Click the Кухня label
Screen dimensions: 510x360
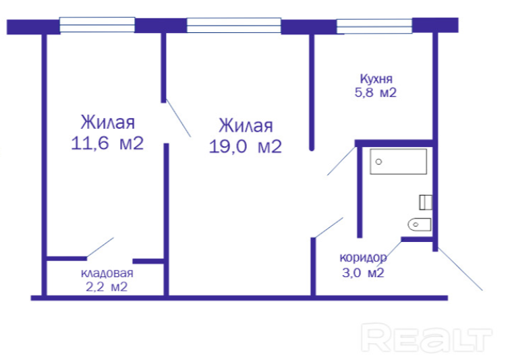376,79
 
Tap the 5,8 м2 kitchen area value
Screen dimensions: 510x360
376,93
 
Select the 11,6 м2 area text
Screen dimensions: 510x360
107,143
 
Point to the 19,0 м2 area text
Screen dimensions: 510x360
246,146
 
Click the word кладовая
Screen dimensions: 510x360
107,273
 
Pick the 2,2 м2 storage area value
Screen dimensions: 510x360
107,287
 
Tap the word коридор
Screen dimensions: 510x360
364,258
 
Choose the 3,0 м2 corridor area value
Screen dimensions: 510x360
363,272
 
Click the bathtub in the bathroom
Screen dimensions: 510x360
399,162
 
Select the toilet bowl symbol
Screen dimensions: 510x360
419,224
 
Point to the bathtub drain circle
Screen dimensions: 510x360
378,162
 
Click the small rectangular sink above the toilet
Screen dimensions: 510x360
426,202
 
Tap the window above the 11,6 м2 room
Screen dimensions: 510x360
97,25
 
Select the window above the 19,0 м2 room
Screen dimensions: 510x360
233,25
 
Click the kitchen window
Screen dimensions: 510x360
374,26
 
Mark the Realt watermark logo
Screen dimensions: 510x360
426,338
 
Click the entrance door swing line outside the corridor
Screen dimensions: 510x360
460,269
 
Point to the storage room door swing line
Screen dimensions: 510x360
100,247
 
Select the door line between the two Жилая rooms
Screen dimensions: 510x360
178,117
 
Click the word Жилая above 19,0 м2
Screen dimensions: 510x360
246,126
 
